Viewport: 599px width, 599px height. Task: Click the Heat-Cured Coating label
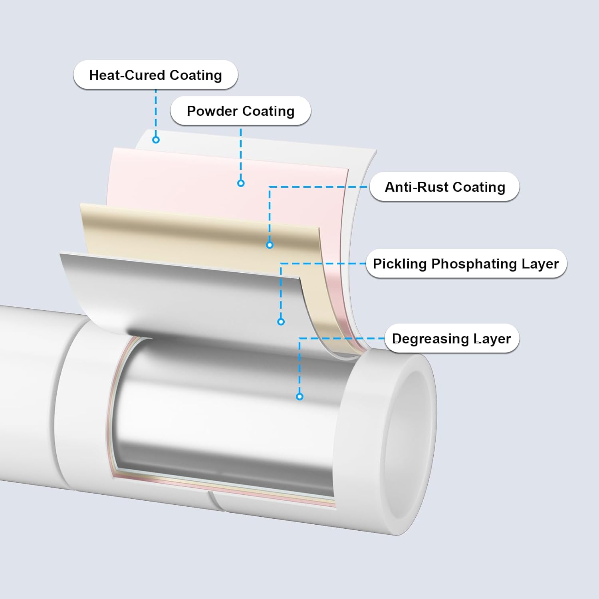(155, 75)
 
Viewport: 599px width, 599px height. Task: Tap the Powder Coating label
(240, 111)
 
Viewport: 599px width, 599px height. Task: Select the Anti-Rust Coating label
(444, 187)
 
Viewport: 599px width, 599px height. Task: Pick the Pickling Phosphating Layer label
(466, 264)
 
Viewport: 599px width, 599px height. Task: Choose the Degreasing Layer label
(451, 339)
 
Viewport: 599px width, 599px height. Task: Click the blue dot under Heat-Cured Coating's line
(156, 140)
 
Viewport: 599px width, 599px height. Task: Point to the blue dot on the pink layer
(241, 183)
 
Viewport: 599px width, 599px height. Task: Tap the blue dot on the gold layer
(270, 245)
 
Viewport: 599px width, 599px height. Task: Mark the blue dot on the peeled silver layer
(281, 321)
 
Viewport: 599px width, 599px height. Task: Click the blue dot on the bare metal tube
(299, 397)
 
